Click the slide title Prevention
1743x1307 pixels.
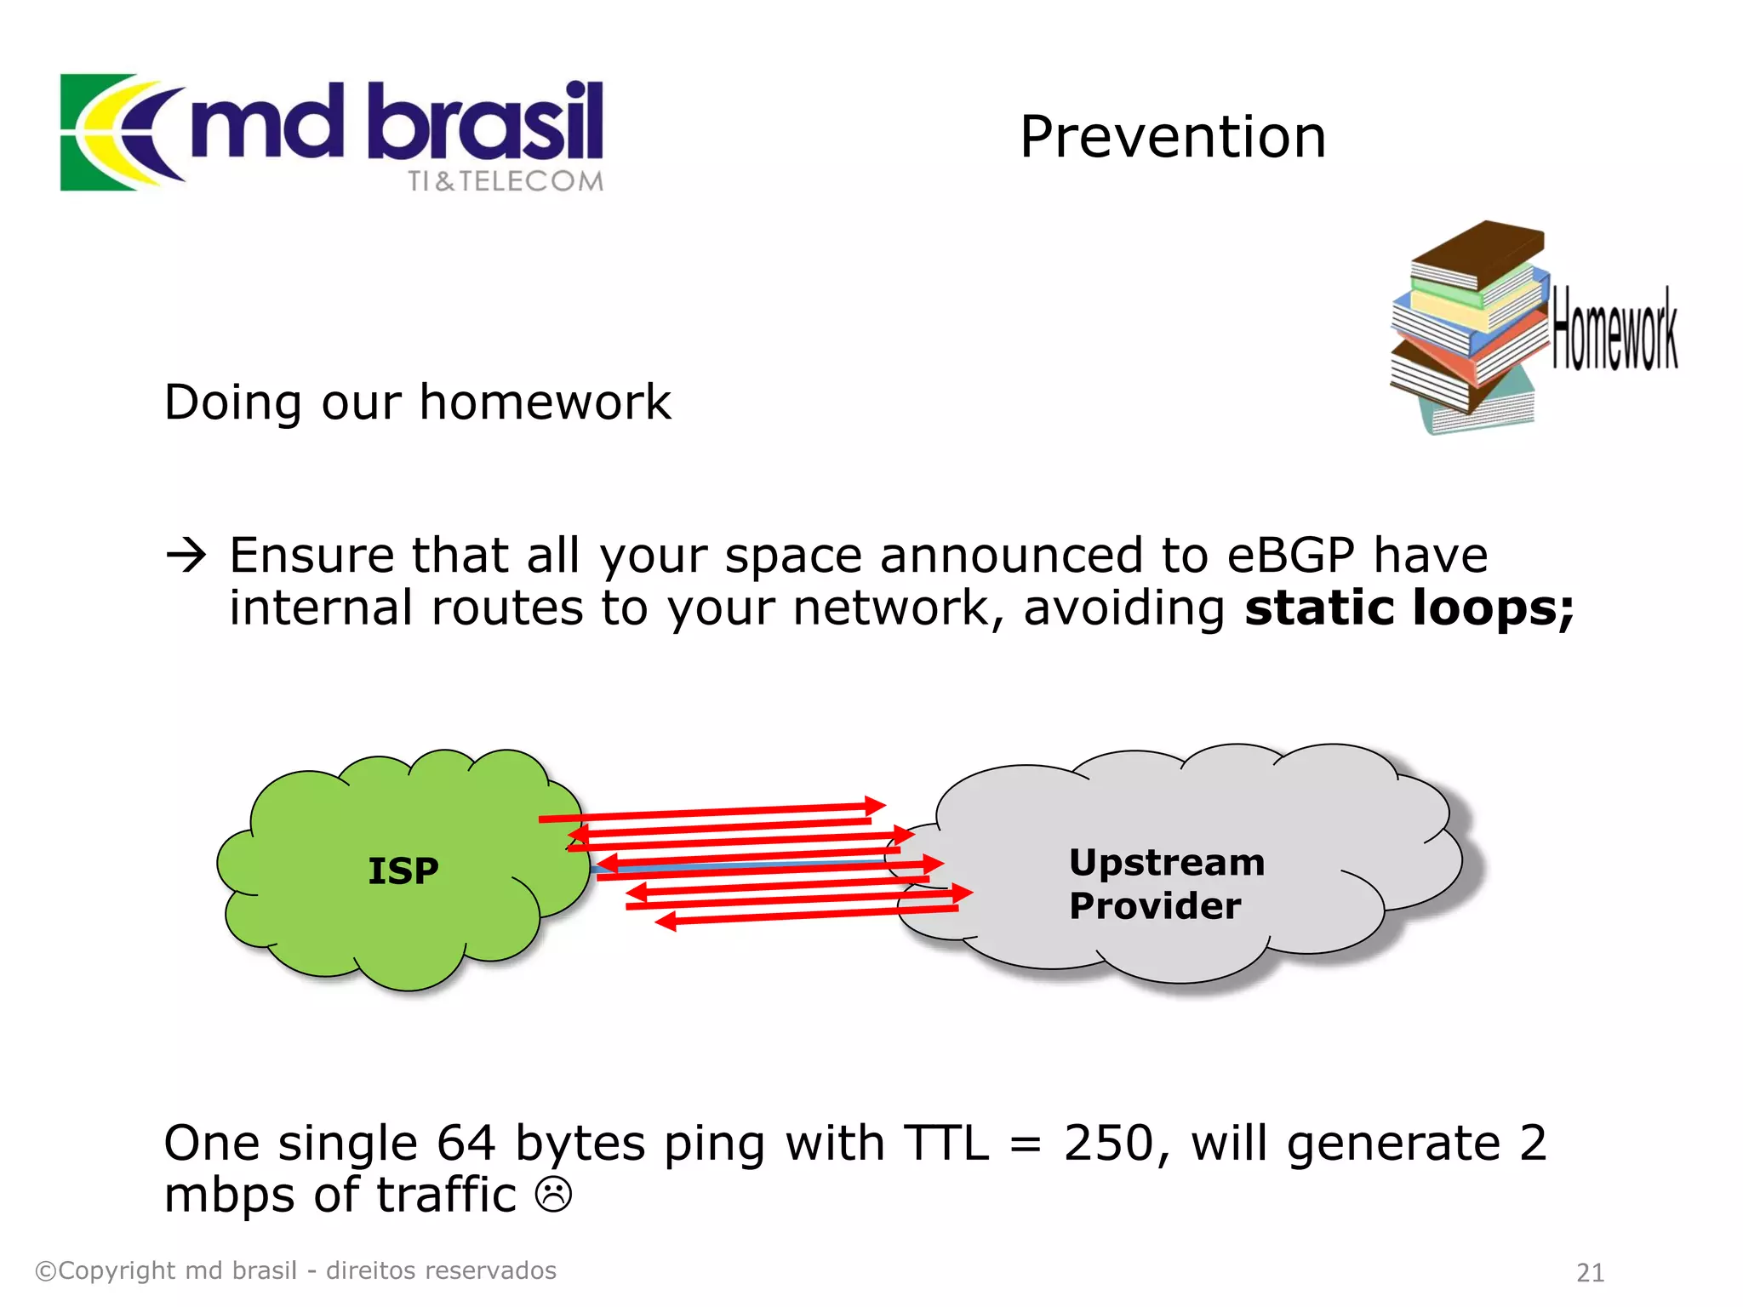pyautogui.click(x=1172, y=137)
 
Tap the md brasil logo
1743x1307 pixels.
pyautogui.click(x=332, y=132)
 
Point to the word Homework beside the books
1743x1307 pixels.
pyautogui.click(x=1614, y=329)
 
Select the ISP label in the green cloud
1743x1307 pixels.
pyautogui.click(x=403, y=870)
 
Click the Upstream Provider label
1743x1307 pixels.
pyautogui.click(x=1166, y=883)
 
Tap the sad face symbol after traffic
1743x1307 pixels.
pyautogui.click(x=553, y=1194)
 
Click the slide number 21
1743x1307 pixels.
pyautogui.click(x=1590, y=1272)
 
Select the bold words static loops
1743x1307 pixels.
pyautogui.click(x=1409, y=608)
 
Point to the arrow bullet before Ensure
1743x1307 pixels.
pyautogui.click(x=186, y=556)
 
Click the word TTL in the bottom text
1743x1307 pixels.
pyautogui.click(x=946, y=1143)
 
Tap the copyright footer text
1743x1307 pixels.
pyautogui.click(x=295, y=1270)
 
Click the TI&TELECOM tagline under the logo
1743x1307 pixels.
pyautogui.click(x=506, y=181)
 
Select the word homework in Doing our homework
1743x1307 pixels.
pyautogui.click(x=545, y=402)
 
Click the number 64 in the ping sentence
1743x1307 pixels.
pyautogui.click(x=466, y=1143)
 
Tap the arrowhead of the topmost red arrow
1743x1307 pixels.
pyautogui.click(x=876, y=805)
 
